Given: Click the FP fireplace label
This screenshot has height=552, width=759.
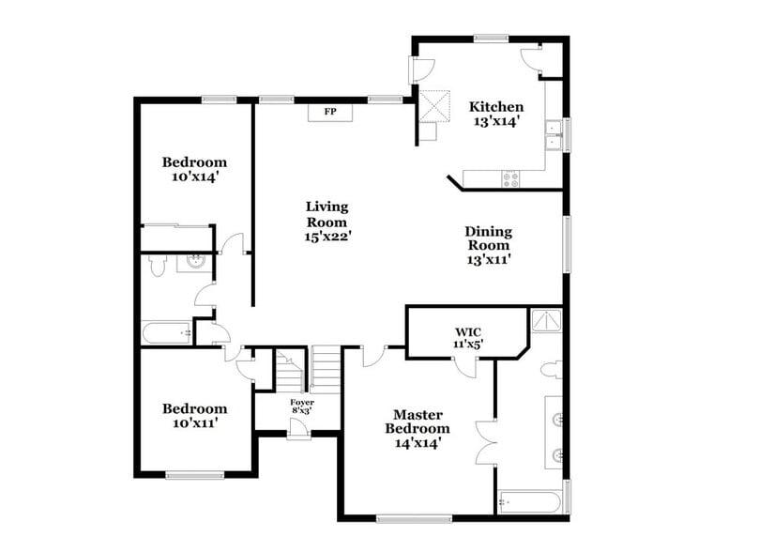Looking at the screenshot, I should coord(330,112).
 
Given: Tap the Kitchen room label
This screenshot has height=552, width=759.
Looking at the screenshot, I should coord(496,106).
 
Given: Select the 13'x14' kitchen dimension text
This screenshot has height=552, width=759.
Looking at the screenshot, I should coord(496,121).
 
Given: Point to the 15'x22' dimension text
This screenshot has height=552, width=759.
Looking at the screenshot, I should coord(327,238).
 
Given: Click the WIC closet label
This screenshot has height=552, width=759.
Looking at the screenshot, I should coord(468,331).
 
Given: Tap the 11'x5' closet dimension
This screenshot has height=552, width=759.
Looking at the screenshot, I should coord(468,345).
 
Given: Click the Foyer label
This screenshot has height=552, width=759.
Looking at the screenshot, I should coord(301,402).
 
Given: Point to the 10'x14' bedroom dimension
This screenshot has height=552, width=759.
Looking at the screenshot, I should coord(194,176).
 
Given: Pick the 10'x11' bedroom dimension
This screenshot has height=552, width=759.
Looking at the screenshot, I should coord(194,423).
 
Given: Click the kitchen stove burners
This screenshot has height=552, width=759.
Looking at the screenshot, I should coord(511,177).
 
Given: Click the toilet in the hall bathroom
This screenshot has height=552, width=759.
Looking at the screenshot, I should coord(159,267).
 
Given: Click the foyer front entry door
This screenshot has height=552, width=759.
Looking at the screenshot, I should coord(299,428).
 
